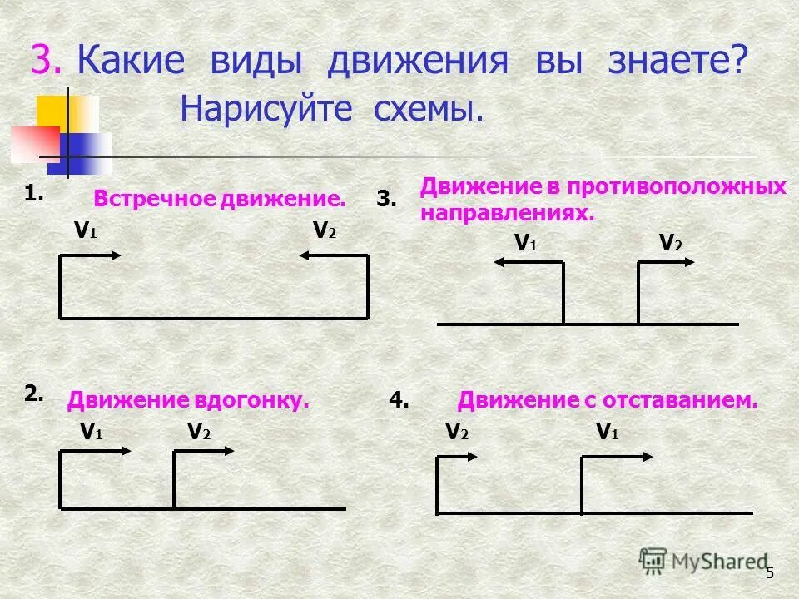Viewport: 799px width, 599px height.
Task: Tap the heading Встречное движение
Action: [x=219, y=199]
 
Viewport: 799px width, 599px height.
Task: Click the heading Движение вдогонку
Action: [x=188, y=400]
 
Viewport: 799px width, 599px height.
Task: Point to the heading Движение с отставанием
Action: [x=608, y=400]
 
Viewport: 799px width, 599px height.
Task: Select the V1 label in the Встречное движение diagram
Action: [x=85, y=231]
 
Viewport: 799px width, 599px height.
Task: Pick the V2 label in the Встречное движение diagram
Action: [x=325, y=231]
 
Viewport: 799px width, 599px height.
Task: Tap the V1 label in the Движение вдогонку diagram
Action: [x=92, y=432]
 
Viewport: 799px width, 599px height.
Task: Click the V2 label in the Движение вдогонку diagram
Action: [x=199, y=432]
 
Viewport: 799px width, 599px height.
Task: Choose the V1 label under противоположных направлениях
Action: [x=526, y=243]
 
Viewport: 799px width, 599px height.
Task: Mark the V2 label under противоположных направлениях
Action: [x=670, y=243]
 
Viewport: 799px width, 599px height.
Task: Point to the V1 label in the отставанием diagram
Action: [x=608, y=432]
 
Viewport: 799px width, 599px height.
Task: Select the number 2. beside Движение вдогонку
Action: [x=33, y=394]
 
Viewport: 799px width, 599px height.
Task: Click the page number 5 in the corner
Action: [x=770, y=572]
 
